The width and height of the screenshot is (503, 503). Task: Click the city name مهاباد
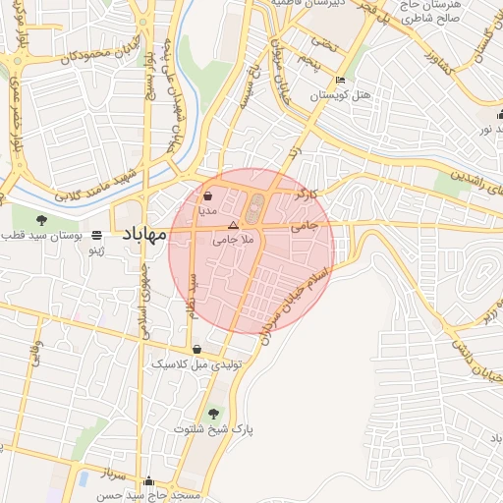click(145, 234)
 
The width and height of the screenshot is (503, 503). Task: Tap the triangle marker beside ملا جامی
click(233, 225)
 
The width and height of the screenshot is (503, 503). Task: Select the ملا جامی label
click(233, 239)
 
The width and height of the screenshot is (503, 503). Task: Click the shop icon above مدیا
click(207, 196)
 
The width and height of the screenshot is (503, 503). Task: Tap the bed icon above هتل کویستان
click(341, 81)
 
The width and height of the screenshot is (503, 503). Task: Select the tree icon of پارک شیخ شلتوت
click(214, 413)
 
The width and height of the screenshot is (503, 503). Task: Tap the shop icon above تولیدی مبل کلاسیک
click(197, 349)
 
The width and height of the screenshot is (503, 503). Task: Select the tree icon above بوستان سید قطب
click(40, 220)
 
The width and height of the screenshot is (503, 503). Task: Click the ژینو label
click(97, 251)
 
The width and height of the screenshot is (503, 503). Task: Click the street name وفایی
click(36, 352)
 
